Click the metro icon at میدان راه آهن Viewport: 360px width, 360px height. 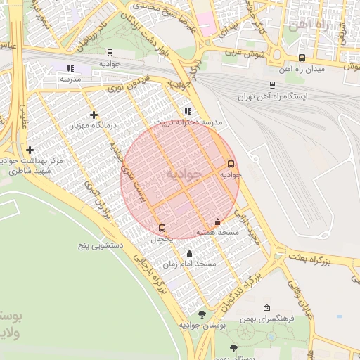coord(302,58)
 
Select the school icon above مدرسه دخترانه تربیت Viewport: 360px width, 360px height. coord(187,111)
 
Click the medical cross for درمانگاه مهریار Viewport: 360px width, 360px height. coord(94,115)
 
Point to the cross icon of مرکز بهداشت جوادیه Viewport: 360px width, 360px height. coord(30,150)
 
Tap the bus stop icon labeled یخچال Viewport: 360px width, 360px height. coord(162,228)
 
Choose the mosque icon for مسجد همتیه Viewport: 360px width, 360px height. coord(217,222)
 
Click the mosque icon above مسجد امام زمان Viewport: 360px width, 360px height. coord(188,254)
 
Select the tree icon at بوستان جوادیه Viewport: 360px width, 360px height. coord(202,314)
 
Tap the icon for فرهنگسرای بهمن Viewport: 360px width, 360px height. coord(266,308)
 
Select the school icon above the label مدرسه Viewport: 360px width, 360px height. coord(70,68)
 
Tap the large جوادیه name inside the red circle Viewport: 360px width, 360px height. coord(184,173)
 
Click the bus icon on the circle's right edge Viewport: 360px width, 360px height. coord(231,165)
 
